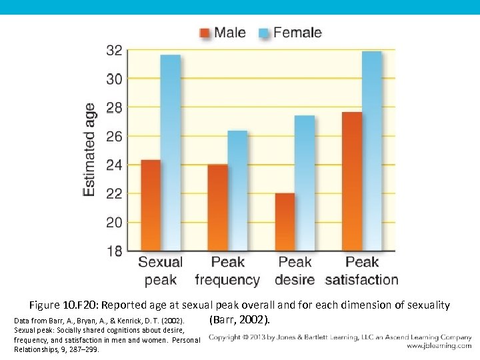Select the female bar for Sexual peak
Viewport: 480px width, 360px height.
coord(171,153)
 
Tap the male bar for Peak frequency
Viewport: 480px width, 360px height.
coord(218,207)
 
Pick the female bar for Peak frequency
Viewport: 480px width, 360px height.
coord(237,191)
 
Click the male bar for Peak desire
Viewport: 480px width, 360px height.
coord(285,222)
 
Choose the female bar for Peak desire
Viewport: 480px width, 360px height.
coord(305,183)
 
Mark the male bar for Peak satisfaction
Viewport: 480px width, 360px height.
coord(352,181)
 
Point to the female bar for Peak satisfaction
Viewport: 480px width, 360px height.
coord(371,151)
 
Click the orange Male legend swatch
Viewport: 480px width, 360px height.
coord(205,33)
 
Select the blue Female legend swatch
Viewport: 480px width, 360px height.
coord(263,33)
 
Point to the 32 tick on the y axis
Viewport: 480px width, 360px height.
coord(114,50)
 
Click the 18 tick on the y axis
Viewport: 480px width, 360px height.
coord(114,251)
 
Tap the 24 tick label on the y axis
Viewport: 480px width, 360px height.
coord(114,165)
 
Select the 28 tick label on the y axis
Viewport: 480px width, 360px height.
coord(114,107)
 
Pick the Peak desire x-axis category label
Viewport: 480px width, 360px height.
coord(295,271)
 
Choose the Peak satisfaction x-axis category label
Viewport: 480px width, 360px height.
coord(361,271)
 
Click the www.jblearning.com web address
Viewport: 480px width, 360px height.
coord(439,346)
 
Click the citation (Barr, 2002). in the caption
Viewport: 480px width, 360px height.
coord(240,319)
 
